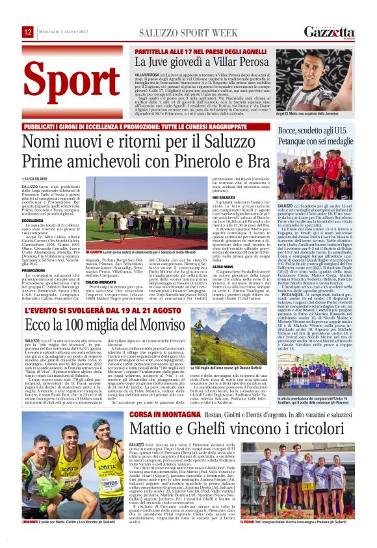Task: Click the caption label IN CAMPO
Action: tap(94, 250)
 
